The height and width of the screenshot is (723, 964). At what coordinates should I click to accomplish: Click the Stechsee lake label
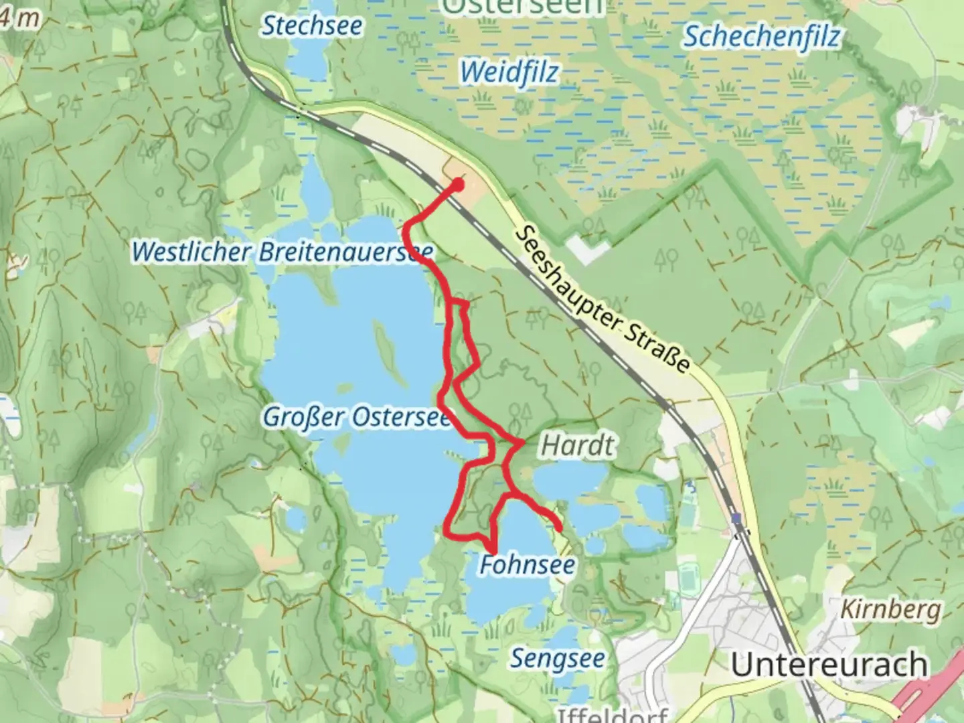click(311, 26)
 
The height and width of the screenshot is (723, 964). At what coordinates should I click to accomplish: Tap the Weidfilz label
click(509, 72)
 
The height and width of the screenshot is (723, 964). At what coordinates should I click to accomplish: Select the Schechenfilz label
click(760, 36)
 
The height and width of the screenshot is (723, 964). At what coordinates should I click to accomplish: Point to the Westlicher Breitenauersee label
click(282, 252)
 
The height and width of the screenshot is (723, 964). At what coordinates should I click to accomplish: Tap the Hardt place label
click(577, 445)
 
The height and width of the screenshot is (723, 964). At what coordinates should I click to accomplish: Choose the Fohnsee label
click(528, 565)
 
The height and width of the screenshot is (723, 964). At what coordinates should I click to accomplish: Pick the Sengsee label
click(558, 659)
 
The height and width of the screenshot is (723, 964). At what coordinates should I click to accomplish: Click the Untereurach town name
click(829, 665)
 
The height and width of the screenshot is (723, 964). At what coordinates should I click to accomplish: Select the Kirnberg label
click(890, 610)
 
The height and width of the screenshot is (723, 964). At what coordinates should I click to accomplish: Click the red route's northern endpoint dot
click(459, 182)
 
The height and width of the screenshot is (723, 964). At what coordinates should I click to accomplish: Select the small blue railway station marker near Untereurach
click(737, 519)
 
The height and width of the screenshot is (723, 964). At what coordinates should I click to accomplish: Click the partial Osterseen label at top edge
click(522, 7)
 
